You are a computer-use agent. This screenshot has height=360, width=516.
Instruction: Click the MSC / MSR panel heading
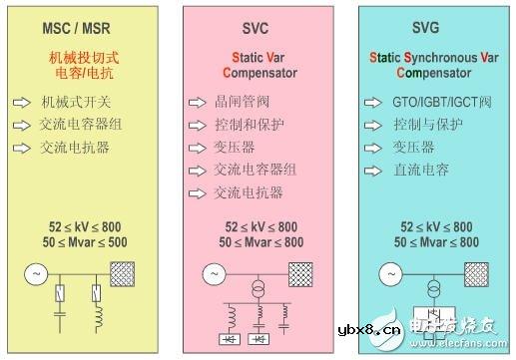coord(82,27)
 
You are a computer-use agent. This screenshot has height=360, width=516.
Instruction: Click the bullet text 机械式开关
coord(76,103)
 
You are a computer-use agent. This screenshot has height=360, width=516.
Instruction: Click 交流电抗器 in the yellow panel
coord(76,147)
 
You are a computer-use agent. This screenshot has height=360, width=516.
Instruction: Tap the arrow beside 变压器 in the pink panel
coord(196,147)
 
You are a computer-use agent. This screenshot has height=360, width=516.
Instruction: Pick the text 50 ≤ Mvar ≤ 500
coord(84,243)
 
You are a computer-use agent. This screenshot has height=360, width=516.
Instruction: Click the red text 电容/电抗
coord(83,73)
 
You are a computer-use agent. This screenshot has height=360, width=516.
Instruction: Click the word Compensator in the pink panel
coord(257,73)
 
